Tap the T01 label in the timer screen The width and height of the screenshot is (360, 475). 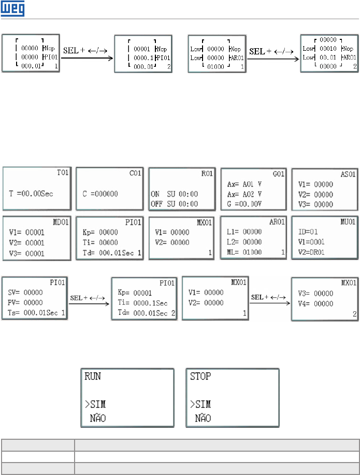tap(64, 172)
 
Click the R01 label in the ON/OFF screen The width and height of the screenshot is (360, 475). tap(209, 172)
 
